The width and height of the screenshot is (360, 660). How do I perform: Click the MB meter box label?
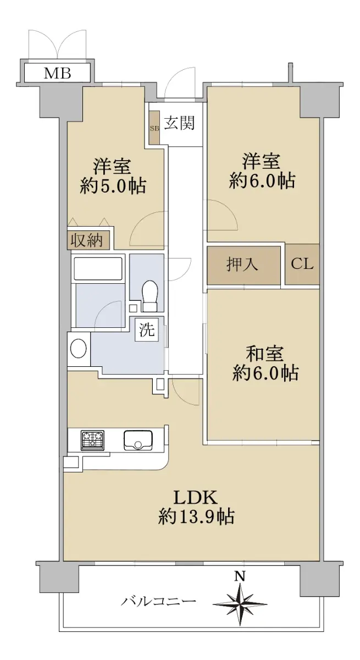click(57, 73)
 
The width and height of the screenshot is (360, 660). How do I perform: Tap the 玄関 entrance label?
click(179, 123)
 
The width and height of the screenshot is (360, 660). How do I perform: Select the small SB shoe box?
click(154, 128)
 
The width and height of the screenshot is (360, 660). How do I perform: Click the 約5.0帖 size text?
click(113, 186)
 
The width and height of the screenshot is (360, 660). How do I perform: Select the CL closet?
click(302, 264)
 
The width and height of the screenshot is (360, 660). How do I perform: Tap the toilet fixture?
click(150, 295)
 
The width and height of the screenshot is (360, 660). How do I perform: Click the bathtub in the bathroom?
click(98, 268)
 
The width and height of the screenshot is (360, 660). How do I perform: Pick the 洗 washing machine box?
click(147, 329)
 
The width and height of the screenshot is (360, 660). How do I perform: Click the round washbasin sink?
click(78, 348)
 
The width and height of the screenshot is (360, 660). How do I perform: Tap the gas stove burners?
click(93, 440)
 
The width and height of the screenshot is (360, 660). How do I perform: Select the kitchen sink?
click(139, 440)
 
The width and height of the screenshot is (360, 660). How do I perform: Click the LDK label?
click(196, 498)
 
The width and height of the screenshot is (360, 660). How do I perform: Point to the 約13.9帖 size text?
click(196, 517)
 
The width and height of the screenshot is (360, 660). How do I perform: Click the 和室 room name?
click(264, 354)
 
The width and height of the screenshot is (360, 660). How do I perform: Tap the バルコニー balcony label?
click(159, 601)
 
